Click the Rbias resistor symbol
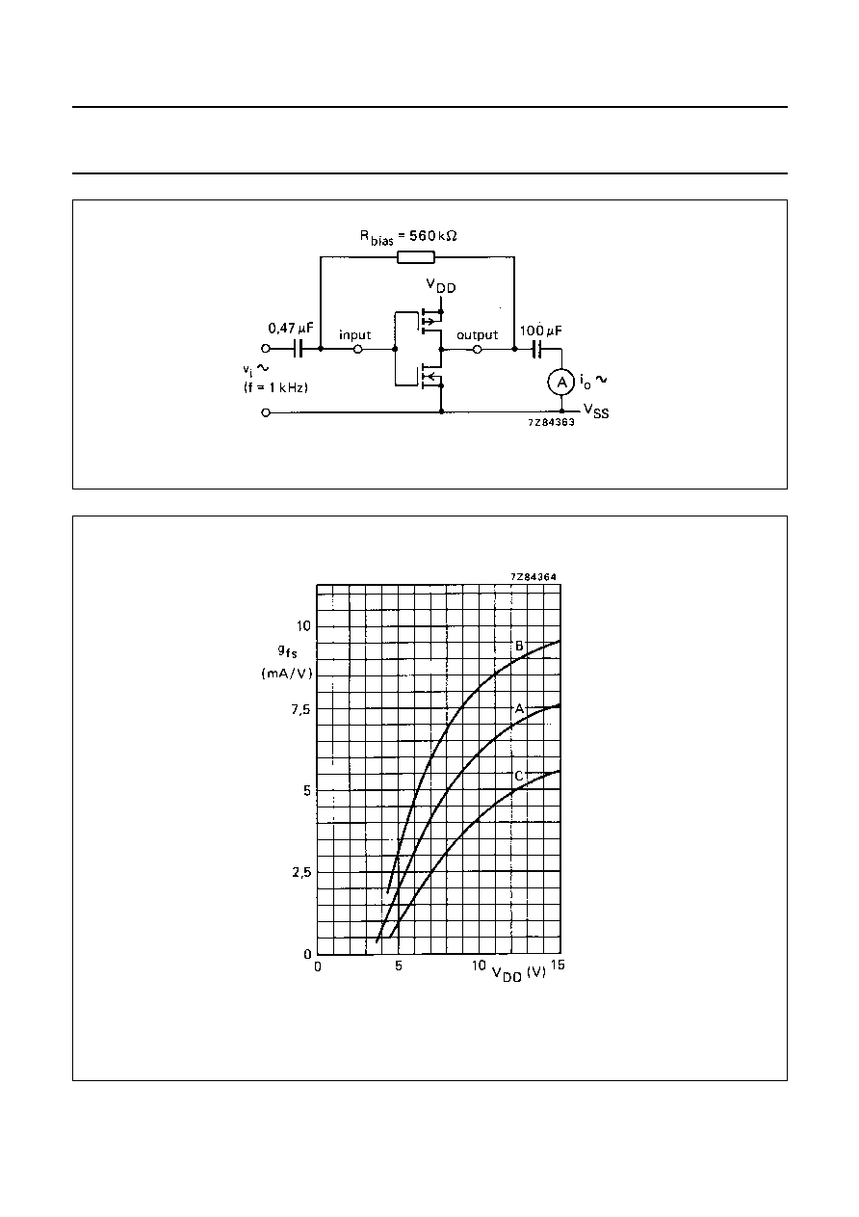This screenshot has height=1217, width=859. coord(416,257)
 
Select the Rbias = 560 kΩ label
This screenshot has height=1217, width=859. coord(408,237)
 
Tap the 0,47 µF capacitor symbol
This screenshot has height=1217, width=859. coord(298,349)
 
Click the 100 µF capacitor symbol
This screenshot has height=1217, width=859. coord(536,349)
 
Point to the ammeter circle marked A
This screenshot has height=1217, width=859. coord(560,383)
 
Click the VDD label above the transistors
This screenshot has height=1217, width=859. coord(441,286)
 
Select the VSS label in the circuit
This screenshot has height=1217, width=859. coord(596,410)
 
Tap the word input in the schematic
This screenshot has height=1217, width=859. coord(354,334)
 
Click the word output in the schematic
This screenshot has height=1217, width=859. coord(477,334)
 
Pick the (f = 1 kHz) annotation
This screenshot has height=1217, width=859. coord(275,387)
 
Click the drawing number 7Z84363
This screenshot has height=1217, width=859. coord(551,422)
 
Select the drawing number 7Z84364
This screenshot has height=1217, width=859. coord(534,577)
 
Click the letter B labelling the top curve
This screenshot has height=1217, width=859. coord(519,646)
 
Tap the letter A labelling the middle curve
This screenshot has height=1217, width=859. coord(519,708)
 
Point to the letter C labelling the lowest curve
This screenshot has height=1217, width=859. coord(519,776)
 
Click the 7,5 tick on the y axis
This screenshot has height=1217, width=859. coord(300,709)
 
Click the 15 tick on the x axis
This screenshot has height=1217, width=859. coord(558,965)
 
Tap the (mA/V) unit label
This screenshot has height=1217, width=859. coord(287,674)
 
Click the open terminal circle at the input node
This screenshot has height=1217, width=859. coord(358,350)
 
